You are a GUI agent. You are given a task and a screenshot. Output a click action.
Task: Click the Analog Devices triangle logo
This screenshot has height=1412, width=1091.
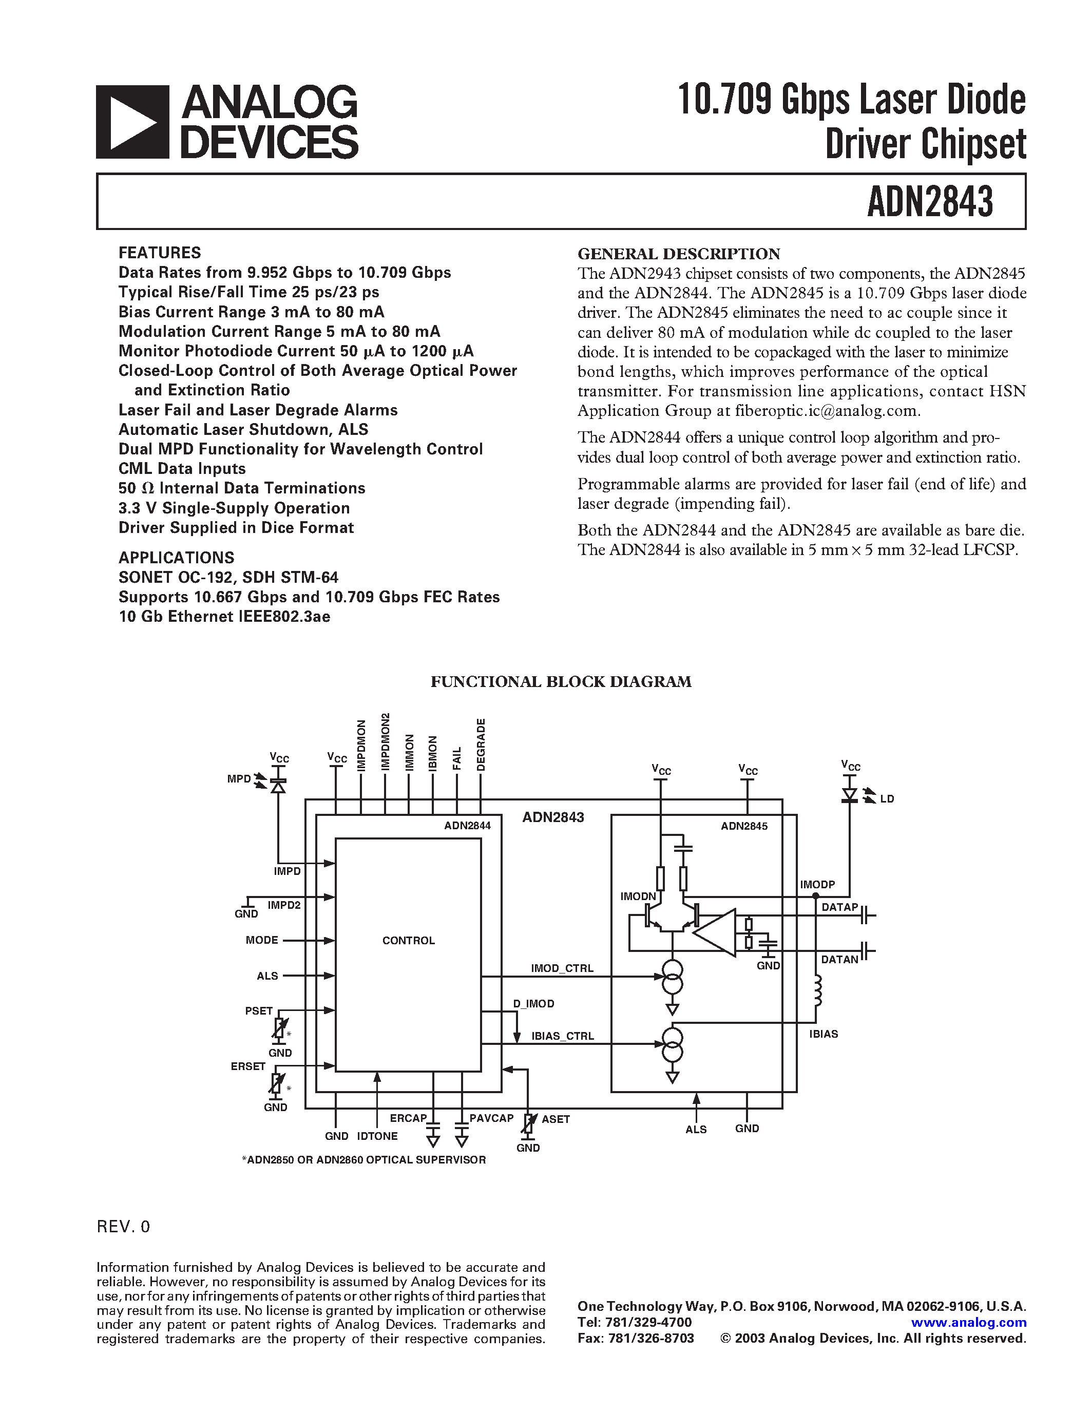click(132, 122)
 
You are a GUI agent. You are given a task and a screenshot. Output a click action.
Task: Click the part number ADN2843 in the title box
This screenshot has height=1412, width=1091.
click(929, 202)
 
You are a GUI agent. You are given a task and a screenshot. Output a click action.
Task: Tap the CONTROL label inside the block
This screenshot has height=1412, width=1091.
click(409, 941)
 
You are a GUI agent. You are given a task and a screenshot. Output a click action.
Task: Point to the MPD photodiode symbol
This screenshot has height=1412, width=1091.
click(278, 785)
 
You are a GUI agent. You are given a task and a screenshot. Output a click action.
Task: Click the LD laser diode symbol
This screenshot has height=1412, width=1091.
click(849, 795)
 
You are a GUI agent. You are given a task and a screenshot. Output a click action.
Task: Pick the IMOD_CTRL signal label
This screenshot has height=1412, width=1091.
click(562, 968)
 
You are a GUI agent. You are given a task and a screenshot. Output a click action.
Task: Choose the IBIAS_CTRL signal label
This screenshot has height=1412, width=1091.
click(562, 1036)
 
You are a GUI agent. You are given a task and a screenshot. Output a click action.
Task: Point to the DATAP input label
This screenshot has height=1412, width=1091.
click(839, 907)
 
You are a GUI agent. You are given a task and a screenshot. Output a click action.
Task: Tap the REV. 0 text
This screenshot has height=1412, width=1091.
click(123, 1227)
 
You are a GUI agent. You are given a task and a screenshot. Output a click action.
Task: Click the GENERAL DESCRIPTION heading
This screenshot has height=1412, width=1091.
click(678, 254)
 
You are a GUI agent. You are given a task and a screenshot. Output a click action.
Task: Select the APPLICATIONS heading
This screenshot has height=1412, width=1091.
click(176, 557)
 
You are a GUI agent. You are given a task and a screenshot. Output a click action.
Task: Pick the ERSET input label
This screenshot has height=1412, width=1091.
click(248, 1066)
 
